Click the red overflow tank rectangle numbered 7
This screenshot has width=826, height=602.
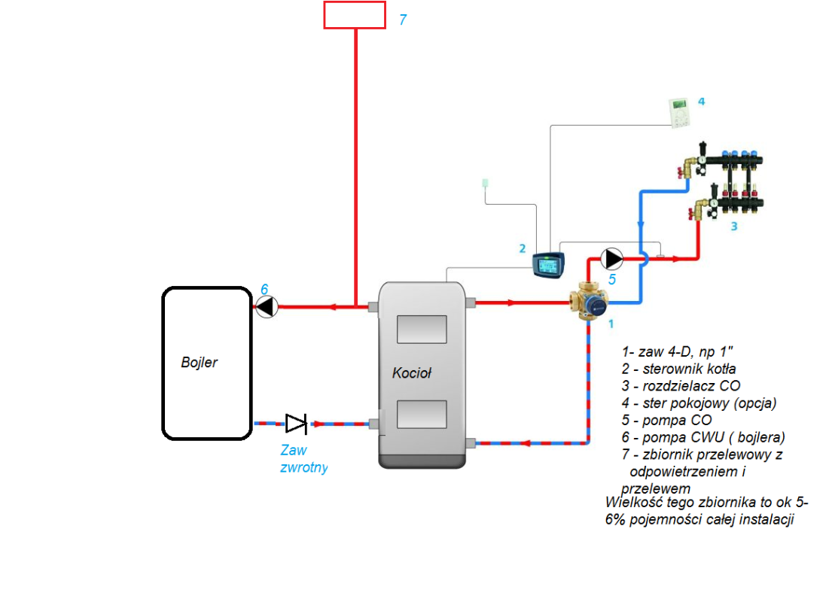(x=355, y=15)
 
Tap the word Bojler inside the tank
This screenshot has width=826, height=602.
(x=200, y=363)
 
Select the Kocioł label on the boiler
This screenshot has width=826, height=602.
(x=411, y=373)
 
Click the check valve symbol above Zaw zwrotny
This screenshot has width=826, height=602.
(x=296, y=424)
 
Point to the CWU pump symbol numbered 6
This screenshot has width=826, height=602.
(x=267, y=306)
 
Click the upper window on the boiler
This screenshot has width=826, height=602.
(x=422, y=330)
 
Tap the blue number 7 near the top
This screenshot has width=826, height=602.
(x=403, y=20)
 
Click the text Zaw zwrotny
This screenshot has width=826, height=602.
(x=303, y=458)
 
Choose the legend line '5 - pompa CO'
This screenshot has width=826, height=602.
(x=666, y=420)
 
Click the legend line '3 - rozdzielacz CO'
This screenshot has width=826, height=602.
(x=681, y=386)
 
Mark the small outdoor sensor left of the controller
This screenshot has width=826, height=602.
(x=486, y=183)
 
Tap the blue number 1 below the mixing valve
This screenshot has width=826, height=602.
(x=611, y=324)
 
